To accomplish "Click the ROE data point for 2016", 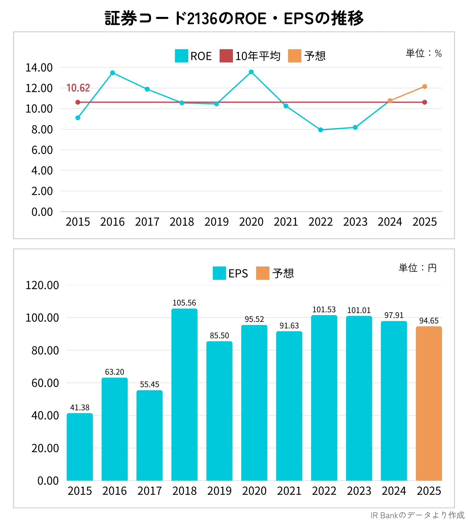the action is click(x=112, y=73).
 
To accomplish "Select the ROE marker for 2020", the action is click(x=251, y=72).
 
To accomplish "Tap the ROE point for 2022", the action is click(x=321, y=130).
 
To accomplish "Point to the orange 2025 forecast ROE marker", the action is click(x=425, y=87).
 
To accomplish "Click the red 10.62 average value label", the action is click(x=78, y=88).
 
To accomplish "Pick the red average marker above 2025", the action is click(x=425, y=102).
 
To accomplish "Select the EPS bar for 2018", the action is click(x=184, y=394).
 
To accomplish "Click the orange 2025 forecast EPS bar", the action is click(x=429, y=403).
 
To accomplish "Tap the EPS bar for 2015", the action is click(x=80, y=447).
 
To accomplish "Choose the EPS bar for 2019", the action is click(x=219, y=411).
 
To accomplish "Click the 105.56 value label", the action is click(x=184, y=303).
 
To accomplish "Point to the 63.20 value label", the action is click(x=115, y=372).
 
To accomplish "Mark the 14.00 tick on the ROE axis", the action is click(x=39, y=68).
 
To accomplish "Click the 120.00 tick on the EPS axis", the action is click(x=42, y=285).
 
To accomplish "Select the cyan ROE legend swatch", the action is click(x=181, y=56).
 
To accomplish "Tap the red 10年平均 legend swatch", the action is click(x=226, y=56).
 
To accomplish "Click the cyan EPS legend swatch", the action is click(x=219, y=273).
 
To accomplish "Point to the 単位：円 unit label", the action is click(x=418, y=268).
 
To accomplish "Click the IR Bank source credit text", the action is click(x=418, y=515).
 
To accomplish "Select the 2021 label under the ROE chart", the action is click(x=286, y=222).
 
